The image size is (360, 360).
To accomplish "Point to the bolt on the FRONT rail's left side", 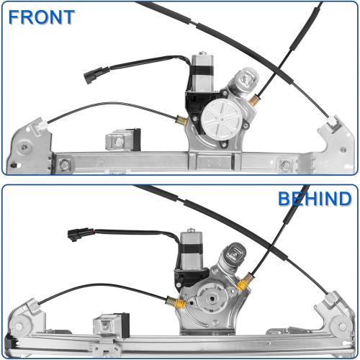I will (66, 165).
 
